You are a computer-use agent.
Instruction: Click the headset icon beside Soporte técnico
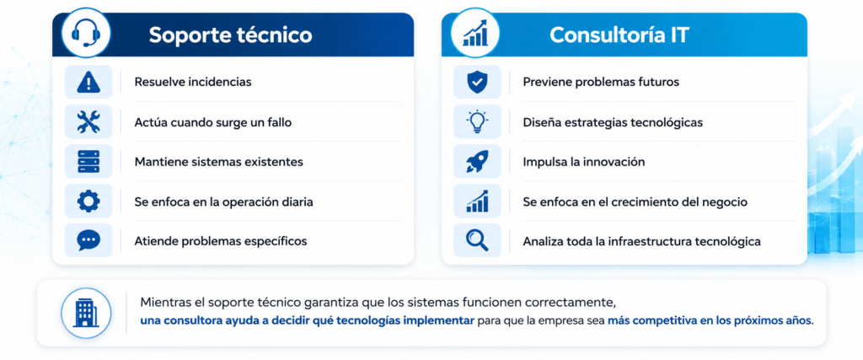(85, 34)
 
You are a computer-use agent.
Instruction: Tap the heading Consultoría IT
(619, 35)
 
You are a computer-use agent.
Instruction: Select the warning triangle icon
(88, 83)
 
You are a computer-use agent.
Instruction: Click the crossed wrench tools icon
(88, 122)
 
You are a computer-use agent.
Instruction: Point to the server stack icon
(88, 162)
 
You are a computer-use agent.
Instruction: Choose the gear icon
(88, 201)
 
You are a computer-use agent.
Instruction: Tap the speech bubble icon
(88, 240)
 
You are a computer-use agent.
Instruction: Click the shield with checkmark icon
(477, 83)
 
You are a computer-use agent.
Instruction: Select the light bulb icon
(477, 122)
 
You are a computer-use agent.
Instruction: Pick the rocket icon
(477, 162)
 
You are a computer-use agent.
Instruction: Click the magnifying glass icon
(477, 240)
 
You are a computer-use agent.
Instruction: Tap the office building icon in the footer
(85, 313)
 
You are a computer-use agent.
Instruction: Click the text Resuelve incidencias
(193, 82)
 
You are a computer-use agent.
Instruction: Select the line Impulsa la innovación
(583, 162)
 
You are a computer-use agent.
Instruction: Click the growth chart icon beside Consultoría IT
(474, 34)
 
